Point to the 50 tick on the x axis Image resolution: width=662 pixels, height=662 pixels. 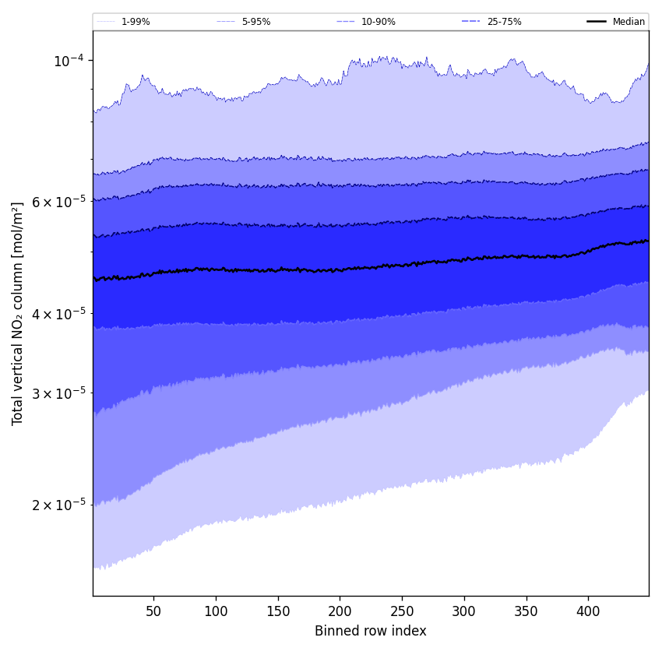(153, 611)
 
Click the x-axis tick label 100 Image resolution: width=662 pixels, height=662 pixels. (216, 611)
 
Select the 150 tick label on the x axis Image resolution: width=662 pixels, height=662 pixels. (278, 611)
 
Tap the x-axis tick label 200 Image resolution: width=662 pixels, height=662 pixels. (340, 611)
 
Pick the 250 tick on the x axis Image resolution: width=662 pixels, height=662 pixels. (402, 611)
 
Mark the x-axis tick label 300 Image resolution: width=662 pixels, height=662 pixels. (464, 611)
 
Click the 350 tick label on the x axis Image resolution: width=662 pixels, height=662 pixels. (526, 611)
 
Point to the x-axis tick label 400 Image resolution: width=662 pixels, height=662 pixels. (588, 611)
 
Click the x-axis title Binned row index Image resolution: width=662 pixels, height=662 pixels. (371, 631)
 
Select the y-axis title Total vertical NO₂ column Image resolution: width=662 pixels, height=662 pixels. (18, 313)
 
